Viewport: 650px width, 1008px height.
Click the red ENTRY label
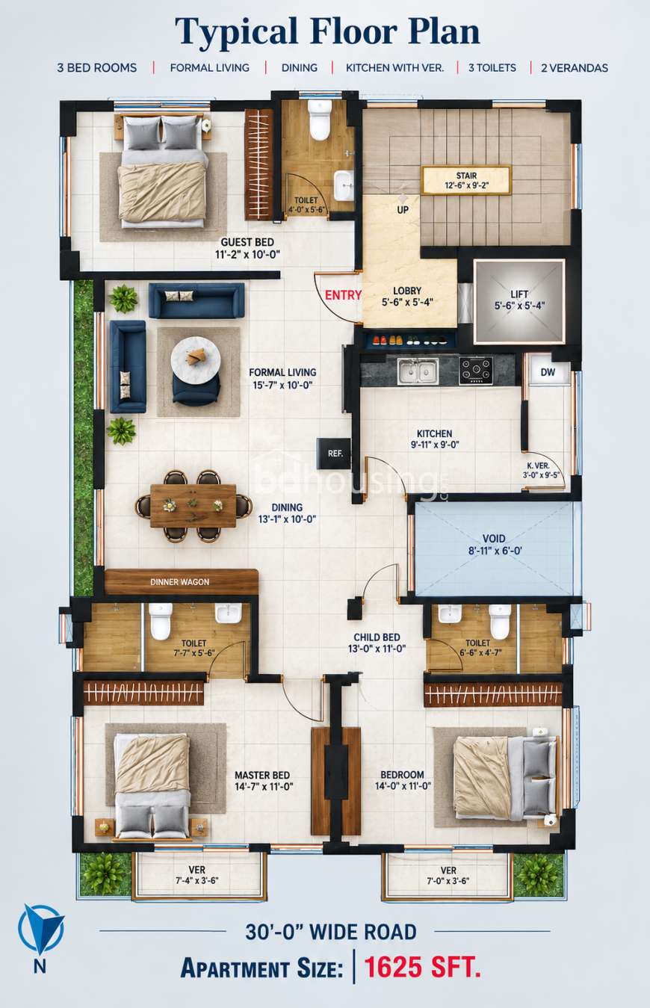pos(343,295)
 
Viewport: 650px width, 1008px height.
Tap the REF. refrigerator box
pos(334,454)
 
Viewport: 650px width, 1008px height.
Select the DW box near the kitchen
pos(548,371)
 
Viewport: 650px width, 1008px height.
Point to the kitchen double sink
pos(418,371)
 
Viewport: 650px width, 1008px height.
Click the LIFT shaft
pos(519,300)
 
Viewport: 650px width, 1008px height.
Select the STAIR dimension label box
pos(466,180)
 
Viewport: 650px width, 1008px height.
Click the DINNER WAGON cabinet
pos(182,582)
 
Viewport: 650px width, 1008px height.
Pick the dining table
pos(194,505)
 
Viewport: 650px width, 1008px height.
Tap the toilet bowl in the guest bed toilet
pos(320,120)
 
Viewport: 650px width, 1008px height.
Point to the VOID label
pos(495,538)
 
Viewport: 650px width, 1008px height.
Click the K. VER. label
pos(538,466)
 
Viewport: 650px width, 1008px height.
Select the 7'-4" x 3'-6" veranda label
pos(196,881)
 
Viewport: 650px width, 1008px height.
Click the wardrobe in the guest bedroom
pos(259,164)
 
